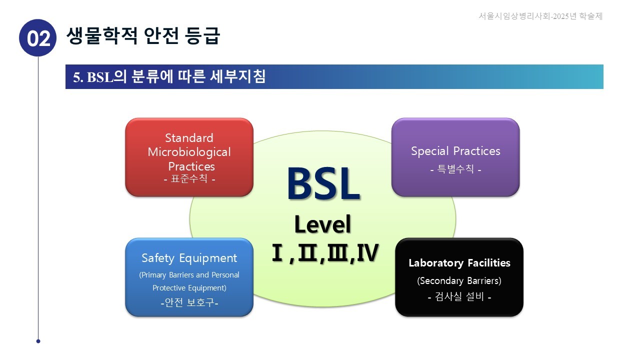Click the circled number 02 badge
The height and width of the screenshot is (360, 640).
point(38,38)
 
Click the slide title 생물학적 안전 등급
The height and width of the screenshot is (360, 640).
point(143,35)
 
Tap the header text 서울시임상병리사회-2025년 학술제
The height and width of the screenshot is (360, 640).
point(540,16)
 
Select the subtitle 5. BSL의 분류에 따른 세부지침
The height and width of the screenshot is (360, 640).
point(169,77)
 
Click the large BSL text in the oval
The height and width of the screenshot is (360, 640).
point(323,184)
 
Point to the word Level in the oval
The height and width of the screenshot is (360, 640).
point(322,224)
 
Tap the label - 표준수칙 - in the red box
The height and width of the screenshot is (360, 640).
point(189,178)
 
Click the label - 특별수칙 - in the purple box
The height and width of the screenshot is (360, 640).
point(455,169)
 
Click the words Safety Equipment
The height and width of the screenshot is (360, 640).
point(189,258)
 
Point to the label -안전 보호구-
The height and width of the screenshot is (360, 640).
point(189,302)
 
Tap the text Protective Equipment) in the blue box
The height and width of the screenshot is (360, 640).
point(189,288)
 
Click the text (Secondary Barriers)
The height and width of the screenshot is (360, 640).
point(459,280)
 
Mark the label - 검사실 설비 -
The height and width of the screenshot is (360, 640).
point(459,297)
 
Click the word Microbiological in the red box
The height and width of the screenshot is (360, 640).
point(189,152)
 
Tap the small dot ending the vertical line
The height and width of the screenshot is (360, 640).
point(38,341)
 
